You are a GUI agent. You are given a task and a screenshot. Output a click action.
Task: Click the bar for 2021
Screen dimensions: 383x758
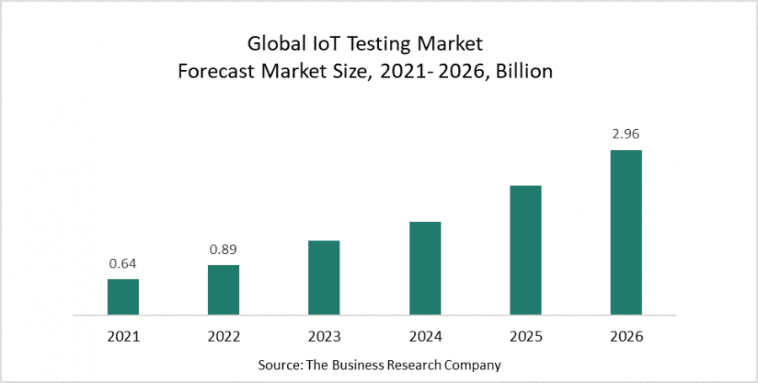[x=123, y=297]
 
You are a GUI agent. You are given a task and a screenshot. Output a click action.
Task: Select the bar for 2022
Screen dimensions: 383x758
[x=224, y=289]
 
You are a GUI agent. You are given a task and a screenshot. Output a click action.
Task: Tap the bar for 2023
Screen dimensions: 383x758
[x=324, y=278]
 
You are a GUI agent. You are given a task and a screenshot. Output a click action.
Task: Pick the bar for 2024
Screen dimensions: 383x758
[x=425, y=268]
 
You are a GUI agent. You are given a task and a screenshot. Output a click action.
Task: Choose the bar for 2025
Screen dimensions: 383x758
[x=526, y=250]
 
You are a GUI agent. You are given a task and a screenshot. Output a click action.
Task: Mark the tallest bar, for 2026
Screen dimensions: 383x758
[x=626, y=232]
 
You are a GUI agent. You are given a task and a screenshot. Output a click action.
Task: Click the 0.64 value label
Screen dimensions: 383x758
[x=123, y=263]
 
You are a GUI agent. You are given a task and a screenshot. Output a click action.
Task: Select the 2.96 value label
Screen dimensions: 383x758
[x=626, y=133]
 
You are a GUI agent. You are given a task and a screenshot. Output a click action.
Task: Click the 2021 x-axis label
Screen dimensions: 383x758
[x=123, y=336]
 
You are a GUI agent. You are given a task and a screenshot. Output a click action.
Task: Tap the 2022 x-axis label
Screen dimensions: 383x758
[x=224, y=336]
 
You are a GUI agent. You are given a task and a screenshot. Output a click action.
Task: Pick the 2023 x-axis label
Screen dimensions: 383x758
[x=324, y=336]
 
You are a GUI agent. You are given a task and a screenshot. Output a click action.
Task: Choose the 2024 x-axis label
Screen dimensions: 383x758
[x=425, y=336]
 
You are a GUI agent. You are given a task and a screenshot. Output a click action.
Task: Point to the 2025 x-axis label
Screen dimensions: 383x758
[x=526, y=336]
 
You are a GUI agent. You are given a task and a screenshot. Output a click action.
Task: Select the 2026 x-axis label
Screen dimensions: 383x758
[x=626, y=336]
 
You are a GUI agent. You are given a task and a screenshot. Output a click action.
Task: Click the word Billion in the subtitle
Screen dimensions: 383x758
[x=525, y=72]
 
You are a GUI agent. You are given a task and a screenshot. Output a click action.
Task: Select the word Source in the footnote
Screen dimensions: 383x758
[x=278, y=364]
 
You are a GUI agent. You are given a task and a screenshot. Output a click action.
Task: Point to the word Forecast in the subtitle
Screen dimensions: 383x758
[x=212, y=72]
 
